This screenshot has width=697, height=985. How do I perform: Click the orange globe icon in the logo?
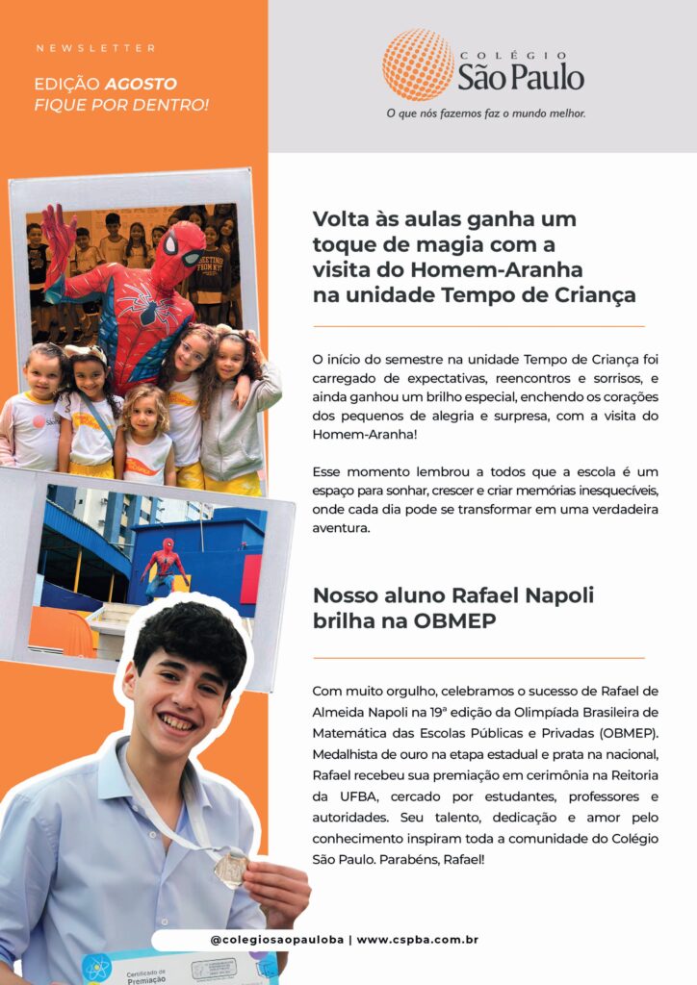coord(418,64)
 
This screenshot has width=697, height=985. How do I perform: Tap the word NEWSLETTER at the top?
coord(95,48)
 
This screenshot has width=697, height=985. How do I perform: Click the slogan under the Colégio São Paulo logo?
coord(485,114)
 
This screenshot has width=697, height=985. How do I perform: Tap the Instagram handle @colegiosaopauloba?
coord(278,939)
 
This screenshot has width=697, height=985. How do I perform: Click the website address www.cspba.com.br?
coord(418,939)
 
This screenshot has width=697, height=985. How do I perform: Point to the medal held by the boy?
coord(231,869)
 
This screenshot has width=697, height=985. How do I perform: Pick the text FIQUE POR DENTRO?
coord(121,104)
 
